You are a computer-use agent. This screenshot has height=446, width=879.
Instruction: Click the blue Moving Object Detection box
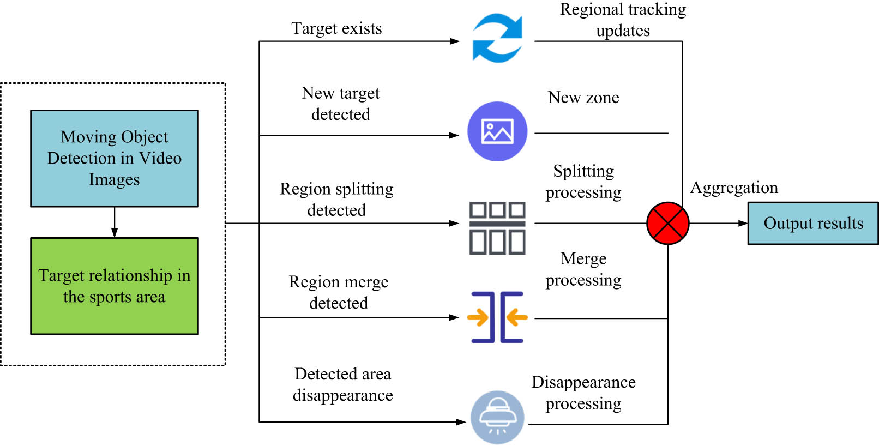(x=115, y=158)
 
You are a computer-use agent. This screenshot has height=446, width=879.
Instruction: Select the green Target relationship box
(x=115, y=286)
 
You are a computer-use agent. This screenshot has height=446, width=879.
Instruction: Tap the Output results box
(x=812, y=223)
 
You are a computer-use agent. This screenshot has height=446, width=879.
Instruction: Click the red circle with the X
(x=667, y=223)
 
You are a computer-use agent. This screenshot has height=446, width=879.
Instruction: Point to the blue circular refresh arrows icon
(x=497, y=38)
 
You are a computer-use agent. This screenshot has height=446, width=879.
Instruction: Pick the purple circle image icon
(x=497, y=131)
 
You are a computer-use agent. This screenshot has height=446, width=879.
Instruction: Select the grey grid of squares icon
(x=497, y=228)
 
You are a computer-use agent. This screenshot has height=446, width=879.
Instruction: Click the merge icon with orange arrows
(x=497, y=317)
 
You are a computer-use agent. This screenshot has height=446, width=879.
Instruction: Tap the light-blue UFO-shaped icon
(x=497, y=417)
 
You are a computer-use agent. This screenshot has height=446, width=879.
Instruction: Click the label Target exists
(x=336, y=28)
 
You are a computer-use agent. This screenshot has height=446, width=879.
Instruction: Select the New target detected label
(x=341, y=104)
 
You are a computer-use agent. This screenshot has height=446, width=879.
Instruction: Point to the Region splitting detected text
(x=336, y=199)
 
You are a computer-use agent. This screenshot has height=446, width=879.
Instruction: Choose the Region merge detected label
(x=339, y=292)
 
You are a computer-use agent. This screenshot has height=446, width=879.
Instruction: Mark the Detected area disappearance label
(x=342, y=384)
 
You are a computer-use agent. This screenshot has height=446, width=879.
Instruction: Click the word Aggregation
(x=734, y=188)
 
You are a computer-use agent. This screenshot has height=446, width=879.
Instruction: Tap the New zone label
(x=583, y=98)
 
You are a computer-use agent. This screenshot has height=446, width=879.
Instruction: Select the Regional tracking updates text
(x=623, y=20)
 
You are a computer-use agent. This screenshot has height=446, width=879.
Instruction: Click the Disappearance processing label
(x=583, y=393)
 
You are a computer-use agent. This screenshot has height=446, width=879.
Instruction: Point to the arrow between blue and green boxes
(x=115, y=222)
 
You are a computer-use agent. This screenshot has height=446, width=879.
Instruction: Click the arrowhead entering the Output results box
(x=743, y=223)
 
